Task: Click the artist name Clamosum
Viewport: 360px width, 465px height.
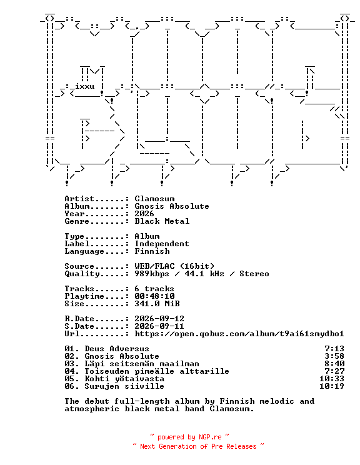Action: pyautogui.click(x=154, y=199)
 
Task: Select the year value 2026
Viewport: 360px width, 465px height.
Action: pyautogui.click(x=144, y=214)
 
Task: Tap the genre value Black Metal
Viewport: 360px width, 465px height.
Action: pyautogui.click(x=162, y=221)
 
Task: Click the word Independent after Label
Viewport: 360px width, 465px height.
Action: pyautogui.click(x=162, y=244)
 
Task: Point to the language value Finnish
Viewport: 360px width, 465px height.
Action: pyautogui.click(x=152, y=251)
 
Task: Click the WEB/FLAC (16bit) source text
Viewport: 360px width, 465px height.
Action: pyautogui.click(x=174, y=266)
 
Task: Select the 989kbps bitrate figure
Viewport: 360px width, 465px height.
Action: pyautogui.click(x=152, y=274)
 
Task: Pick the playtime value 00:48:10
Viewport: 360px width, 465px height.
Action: pyautogui.click(x=154, y=296)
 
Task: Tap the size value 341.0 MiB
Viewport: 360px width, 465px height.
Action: pyautogui.click(x=157, y=304)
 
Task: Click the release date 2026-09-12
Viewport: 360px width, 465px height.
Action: pyautogui.click(x=159, y=319)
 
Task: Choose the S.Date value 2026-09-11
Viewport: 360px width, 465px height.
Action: pyautogui.click(x=159, y=326)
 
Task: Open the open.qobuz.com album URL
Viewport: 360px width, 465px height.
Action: pyautogui.click(x=239, y=334)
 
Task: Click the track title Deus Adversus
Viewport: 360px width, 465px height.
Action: pyautogui.click(x=117, y=349)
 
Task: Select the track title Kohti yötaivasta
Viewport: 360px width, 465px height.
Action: pyautogui.click(x=124, y=379)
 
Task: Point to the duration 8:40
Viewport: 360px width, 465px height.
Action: pyautogui.click(x=334, y=364)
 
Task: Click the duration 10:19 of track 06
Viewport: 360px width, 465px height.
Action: pyautogui.click(x=332, y=386)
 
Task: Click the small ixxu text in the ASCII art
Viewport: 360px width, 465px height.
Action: pyautogui.click(x=85, y=86)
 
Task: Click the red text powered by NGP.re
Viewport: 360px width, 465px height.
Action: pyautogui.click(x=189, y=437)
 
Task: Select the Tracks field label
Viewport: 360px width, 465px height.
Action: pyautogui.click(x=79, y=289)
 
